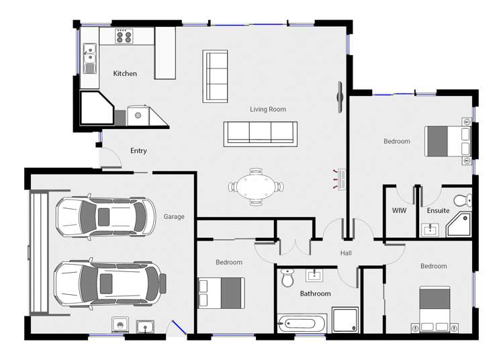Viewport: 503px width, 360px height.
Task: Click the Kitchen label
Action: coord(125,73)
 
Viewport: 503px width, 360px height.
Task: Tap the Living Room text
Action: coord(268,109)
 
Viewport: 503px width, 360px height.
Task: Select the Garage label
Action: coord(174,217)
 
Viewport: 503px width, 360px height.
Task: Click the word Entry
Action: coord(138,151)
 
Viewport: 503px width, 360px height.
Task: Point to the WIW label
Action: coord(399,211)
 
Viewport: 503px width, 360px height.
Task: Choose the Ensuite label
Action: coord(438,211)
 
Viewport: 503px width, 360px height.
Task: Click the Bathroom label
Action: coord(315,294)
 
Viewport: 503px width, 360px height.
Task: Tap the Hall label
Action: coord(346,253)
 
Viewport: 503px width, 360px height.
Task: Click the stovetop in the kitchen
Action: coord(123,37)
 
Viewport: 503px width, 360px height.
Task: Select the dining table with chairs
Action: coord(256,186)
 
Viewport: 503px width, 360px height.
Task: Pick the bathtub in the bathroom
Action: coord(302,324)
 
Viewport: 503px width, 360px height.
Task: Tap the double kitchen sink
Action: coord(89,58)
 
